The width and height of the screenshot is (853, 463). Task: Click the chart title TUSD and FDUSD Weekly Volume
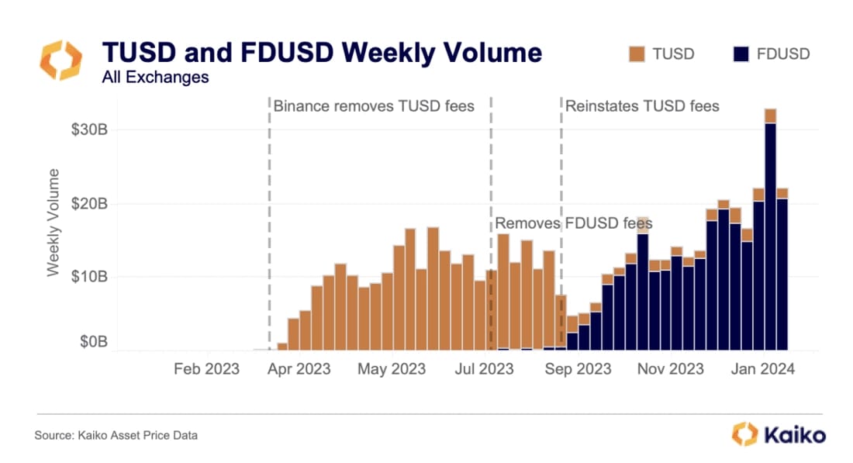point(322,53)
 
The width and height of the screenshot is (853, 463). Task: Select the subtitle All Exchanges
point(155,77)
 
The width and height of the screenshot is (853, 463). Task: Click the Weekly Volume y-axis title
point(53,221)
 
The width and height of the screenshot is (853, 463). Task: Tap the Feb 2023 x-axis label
point(206,369)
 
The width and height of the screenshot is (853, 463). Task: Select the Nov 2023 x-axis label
point(670,369)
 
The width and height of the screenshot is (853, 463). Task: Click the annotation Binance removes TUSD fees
point(374,105)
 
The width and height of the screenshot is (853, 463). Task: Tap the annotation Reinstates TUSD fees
point(642,105)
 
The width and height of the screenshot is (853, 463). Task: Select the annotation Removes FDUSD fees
point(573,223)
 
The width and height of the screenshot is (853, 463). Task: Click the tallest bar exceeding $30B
point(770,233)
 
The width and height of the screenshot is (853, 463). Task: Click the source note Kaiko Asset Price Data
point(116,436)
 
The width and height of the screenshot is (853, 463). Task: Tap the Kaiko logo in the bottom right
point(779,434)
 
